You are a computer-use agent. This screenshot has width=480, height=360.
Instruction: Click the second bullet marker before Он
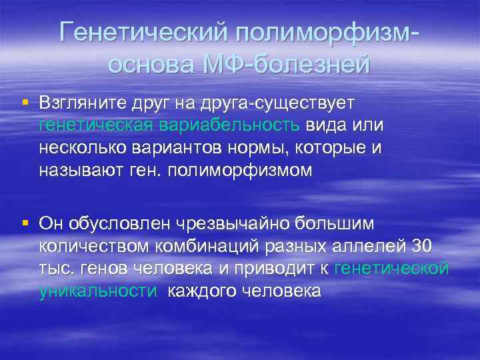[25, 221]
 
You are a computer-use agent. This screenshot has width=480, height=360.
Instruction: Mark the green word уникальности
[99, 291]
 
